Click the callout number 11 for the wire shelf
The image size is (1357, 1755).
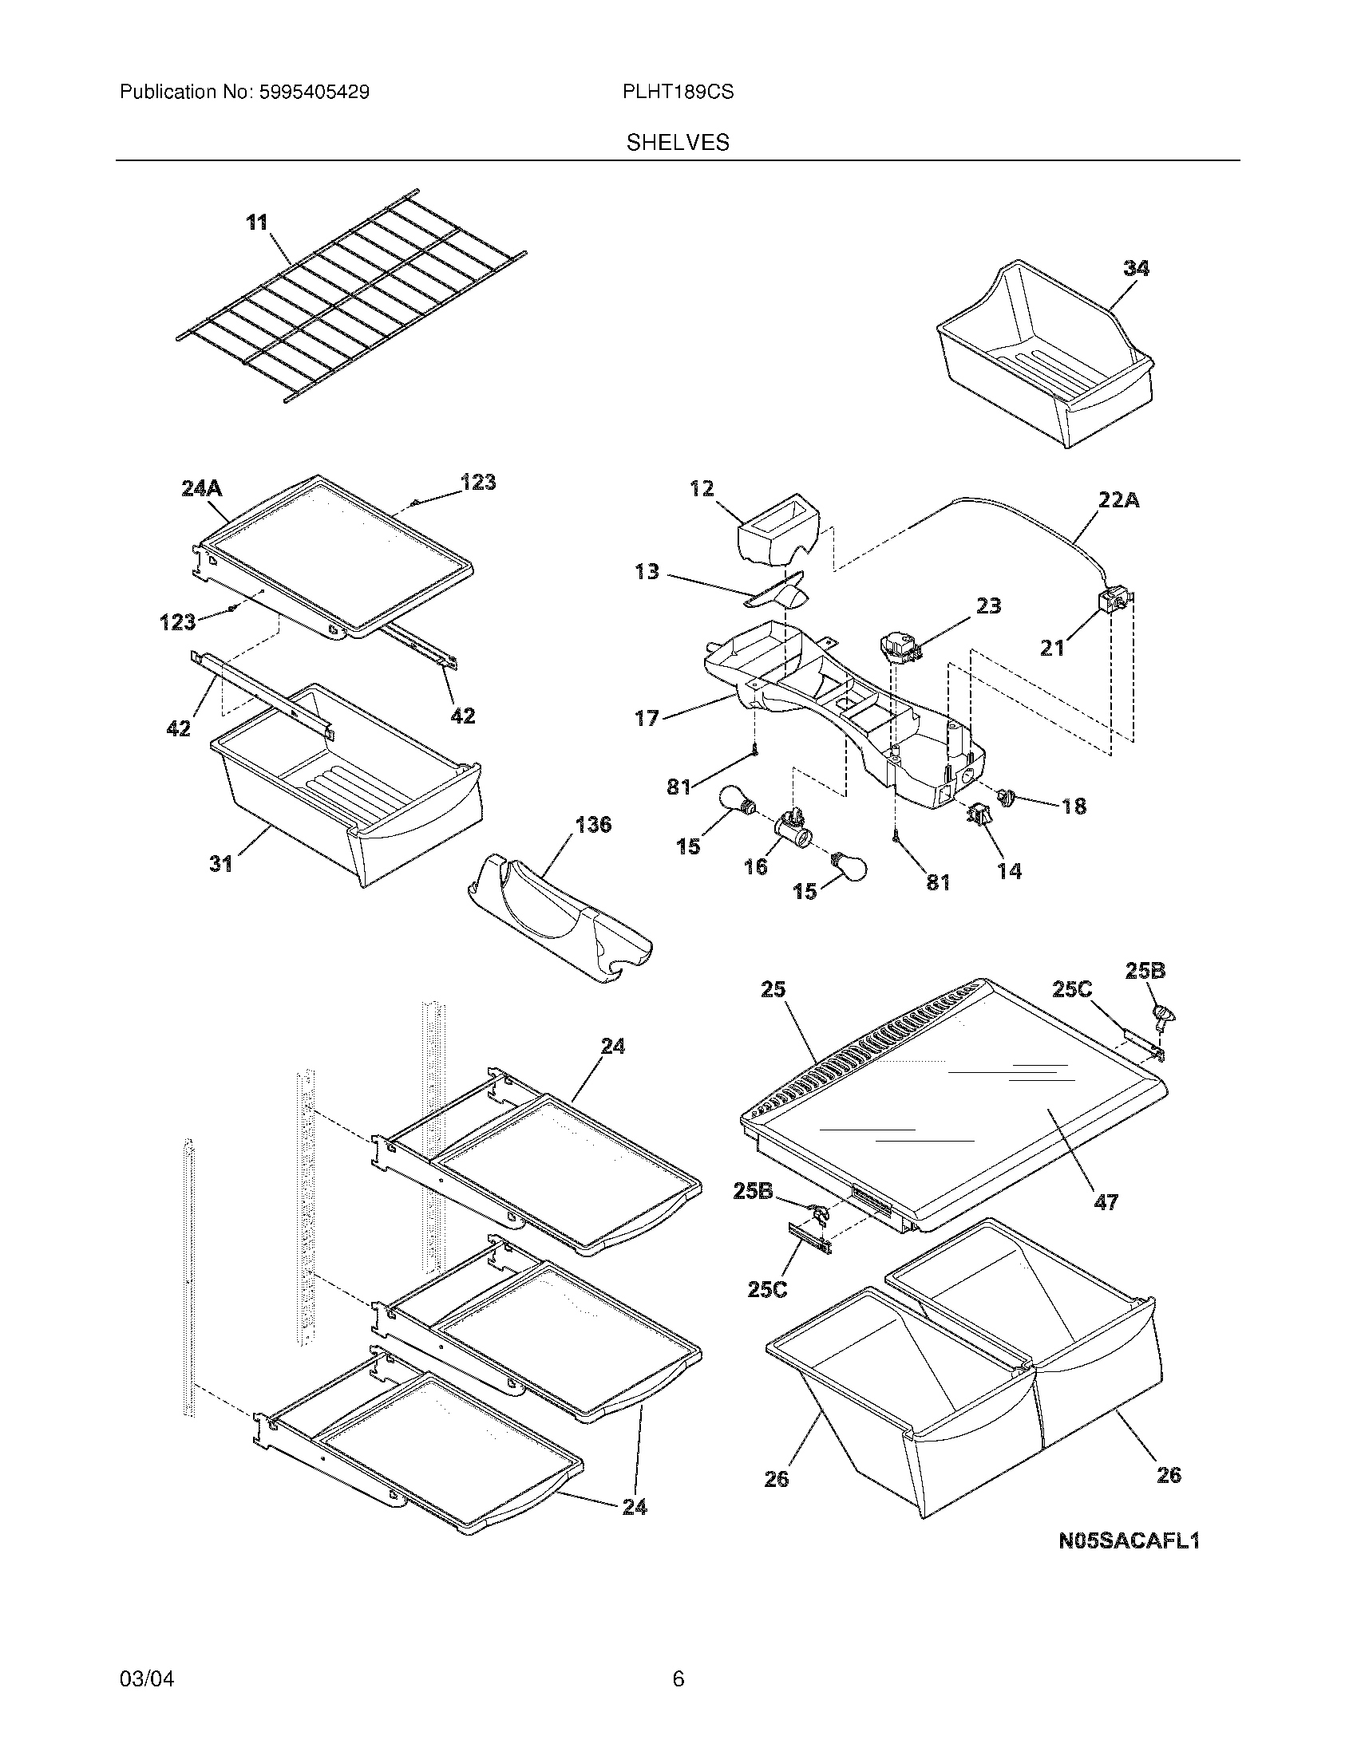[256, 223]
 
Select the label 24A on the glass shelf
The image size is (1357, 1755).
[203, 487]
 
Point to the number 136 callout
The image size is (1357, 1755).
[593, 825]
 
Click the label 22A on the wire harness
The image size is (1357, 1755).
[1119, 501]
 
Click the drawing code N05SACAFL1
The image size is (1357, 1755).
[1129, 1540]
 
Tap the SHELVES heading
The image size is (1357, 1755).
[678, 143]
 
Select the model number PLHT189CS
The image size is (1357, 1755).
[678, 93]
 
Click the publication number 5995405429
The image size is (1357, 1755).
[314, 93]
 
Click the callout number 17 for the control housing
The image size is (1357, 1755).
[647, 718]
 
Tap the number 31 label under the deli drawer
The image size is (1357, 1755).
[221, 864]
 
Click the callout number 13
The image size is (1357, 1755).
[647, 571]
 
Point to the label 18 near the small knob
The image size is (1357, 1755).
[1073, 805]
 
